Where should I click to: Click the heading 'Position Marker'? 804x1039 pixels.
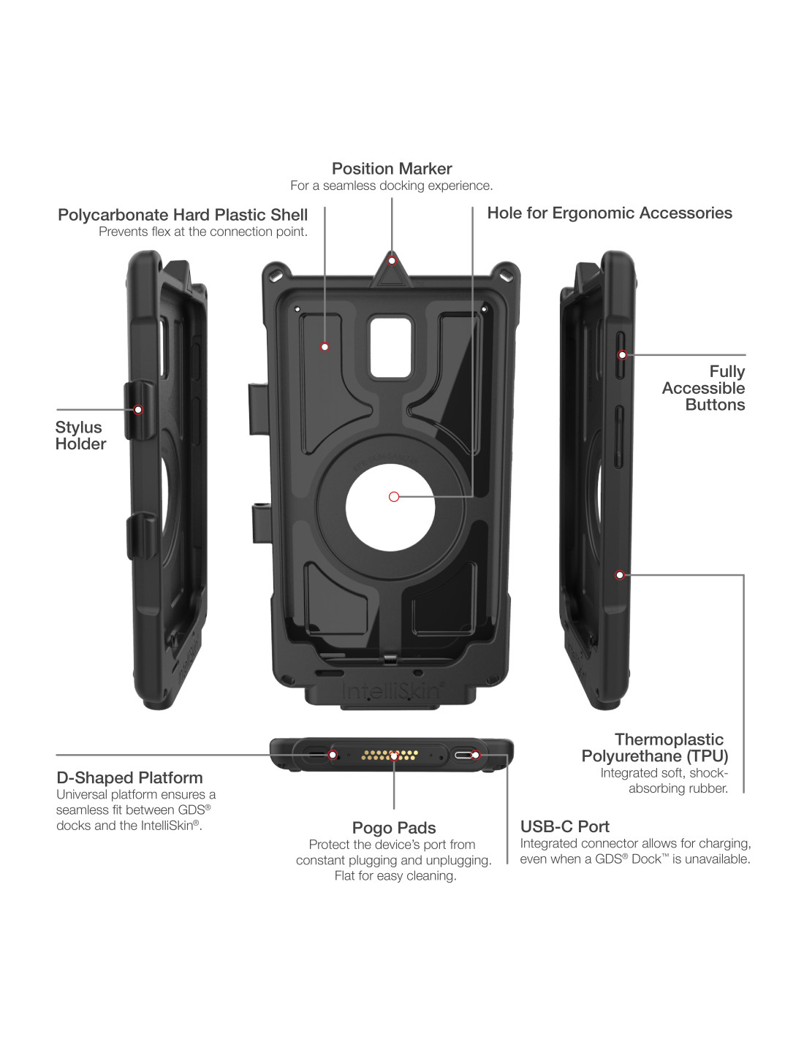point(392,169)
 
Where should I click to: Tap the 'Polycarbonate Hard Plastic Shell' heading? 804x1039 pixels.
point(183,215)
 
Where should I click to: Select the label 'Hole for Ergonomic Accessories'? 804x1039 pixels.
point(610,213)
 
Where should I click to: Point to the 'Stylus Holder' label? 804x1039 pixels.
point(80,435)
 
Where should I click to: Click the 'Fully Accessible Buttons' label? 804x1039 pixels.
point(704,388)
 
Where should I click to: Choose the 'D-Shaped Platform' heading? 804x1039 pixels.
point(129,777)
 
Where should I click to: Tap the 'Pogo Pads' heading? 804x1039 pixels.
point(394,828)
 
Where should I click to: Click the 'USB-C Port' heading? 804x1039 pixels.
point(564,826)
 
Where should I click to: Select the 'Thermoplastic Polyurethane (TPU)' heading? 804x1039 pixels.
point(655,747)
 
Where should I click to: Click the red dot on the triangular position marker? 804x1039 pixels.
point(392,261)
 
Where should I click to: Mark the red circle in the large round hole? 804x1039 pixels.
point(394,497)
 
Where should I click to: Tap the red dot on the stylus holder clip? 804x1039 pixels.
point(138,410)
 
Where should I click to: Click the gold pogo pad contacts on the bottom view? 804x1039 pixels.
point(390,755)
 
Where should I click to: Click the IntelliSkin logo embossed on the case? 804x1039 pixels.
point(392,691)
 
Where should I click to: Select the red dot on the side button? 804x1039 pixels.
point(622,355)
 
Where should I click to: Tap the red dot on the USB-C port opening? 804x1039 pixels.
point(474,755)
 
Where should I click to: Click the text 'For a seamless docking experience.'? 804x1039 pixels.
point(392,186)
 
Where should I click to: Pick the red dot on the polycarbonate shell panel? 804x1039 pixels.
point(325,347)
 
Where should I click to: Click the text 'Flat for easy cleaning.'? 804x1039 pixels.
point(395,875)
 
